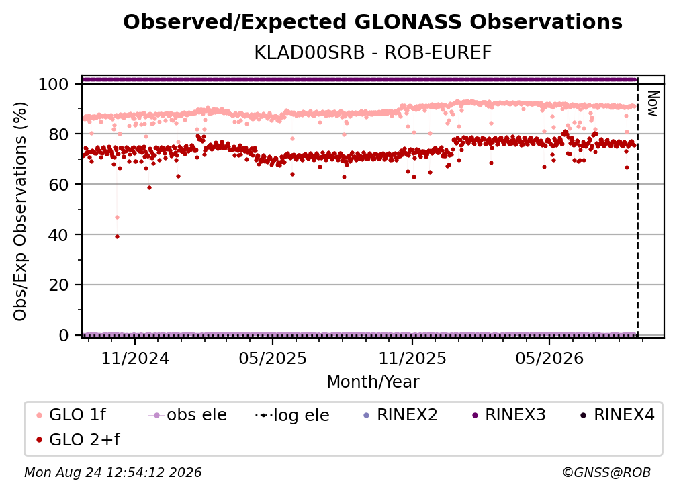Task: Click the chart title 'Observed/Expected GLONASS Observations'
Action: (373, 22)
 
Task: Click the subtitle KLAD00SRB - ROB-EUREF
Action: (373, 53)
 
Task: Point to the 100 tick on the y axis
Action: (53, 84)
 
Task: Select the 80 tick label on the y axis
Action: (58, 134)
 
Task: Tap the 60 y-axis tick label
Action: (58, 185)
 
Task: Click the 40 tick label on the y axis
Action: (58, 235)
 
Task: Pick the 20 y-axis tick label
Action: (58, 285)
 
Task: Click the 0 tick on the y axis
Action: (63, 335)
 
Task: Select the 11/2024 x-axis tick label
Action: (135, 358)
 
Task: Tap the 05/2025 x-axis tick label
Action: (273, 358)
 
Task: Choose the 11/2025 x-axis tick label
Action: (412, 358)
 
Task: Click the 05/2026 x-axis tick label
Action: (549, 358)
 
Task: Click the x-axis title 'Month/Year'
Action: (373, 382)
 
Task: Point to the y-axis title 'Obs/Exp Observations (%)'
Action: (20, 212)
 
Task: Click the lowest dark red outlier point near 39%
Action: (117, 236)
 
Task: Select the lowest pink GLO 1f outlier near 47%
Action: (117, 217)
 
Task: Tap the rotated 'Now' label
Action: (653, 103)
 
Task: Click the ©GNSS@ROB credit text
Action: (606, 472)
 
